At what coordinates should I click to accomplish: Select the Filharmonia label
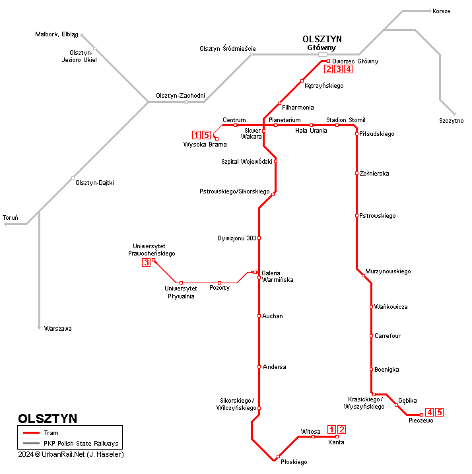(x=298, y=107)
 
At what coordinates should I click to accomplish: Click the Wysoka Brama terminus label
(x=205, y=145)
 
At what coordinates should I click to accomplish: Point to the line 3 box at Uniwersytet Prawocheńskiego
(x=146, y=263)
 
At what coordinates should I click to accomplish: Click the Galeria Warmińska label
(x=277, y=276)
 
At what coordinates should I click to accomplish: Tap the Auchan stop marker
(x=259, y=316)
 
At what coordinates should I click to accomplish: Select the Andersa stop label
(x=274, y=366)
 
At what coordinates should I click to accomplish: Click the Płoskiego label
(x=294, y=462)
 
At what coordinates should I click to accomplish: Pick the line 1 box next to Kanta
(x=331, y=430)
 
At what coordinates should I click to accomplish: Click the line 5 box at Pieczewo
(x=439, y=413)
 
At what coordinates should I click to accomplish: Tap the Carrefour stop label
(x=388, y=336)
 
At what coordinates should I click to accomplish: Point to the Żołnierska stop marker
(x=356, y=174)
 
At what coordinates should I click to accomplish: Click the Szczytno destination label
(x=451, y=120)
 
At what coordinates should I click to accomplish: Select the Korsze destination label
(x=441, y=11)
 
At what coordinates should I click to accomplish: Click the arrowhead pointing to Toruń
(x=7, y=224)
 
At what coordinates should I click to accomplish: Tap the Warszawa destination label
(x=58, y=328)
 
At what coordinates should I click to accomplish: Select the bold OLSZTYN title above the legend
(x=48, y=419)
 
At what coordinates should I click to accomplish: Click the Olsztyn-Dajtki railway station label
(x=94, y=182)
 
